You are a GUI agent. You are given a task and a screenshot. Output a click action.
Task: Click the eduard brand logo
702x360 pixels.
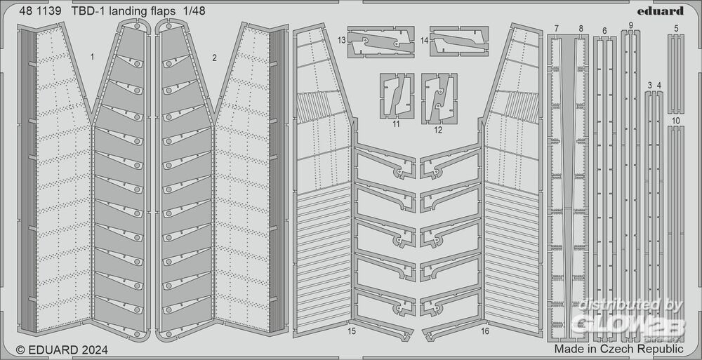[x=664, y=11]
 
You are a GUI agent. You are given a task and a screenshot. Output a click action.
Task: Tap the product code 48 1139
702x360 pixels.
[x=40, y=11]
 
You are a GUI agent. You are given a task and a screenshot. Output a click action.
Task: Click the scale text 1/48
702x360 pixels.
[x=194, y=11]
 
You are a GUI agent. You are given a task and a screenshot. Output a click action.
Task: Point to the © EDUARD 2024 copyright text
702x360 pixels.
[x=62, y=349]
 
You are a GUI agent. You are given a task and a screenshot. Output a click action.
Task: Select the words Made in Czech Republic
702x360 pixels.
[x=618, y=349]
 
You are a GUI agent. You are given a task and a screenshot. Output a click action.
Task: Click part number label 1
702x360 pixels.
[x=92, y=57]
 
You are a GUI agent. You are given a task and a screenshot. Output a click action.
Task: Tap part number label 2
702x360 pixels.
[x=214, y=58]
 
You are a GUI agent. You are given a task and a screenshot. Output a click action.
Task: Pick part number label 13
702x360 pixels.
[x=342, y=40]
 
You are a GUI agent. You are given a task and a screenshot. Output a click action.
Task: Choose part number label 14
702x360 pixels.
[x=425, y=40]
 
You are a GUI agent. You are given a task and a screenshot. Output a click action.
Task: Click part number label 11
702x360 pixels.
[x=396, y=124]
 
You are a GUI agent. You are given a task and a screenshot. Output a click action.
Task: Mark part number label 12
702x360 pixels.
[x=438, y=131]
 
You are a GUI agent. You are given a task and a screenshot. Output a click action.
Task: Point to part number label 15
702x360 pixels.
[x=352, y=332]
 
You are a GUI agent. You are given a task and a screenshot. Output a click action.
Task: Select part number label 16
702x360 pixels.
[x=485, y=332]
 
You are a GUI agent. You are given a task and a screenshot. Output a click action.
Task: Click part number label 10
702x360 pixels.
[x=676, y=121]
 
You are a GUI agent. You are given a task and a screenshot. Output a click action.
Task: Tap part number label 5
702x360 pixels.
[x=676, y=29]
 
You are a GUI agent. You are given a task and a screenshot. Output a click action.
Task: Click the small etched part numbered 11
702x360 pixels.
[x=397, y=96]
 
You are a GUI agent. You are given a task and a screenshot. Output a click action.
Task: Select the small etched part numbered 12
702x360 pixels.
[x=439, y=98]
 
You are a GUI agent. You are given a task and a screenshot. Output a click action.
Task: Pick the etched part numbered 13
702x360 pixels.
[x=381, y=42]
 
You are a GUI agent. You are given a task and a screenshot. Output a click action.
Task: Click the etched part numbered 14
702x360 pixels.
[x=459, y=41]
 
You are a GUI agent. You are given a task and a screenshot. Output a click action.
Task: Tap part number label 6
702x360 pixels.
[x=604, y=31]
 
